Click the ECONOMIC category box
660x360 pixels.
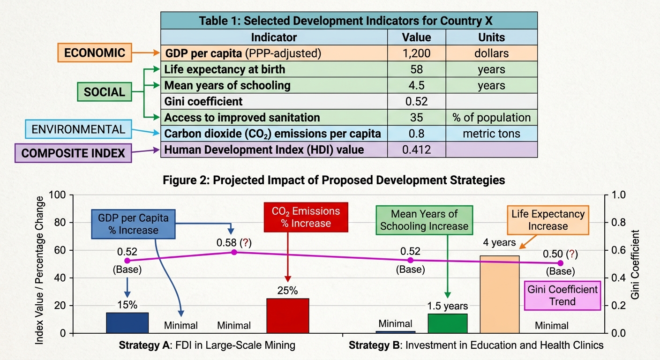[x=95, y=52]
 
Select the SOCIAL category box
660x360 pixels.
[x=105, y=92]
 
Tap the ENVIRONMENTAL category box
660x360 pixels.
[x=78, y=129]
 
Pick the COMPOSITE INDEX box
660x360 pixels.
[x=73, y=153]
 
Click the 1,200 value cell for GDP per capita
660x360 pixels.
[x=416, y=53]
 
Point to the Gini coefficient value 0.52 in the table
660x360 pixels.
[x=416, y=101]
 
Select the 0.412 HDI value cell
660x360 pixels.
[x=416, y=150]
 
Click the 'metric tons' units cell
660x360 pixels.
[x=491, y=134]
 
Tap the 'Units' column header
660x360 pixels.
[x=491, y=37]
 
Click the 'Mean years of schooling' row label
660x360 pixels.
[x=227, y=85]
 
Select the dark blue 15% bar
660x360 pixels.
[x=127, y=323]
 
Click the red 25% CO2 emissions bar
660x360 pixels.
[x=288, y=316]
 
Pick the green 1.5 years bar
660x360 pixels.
[x=448, y=323]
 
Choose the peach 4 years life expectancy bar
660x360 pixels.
[x=500, y=294]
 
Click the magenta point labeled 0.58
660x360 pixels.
[x=234, y=252]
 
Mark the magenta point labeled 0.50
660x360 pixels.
[x=561, y=263]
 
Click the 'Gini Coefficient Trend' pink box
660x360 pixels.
[x=562, y=295]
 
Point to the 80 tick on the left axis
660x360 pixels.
[x=60, y=223]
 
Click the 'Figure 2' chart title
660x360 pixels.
[x=334, y=180]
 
